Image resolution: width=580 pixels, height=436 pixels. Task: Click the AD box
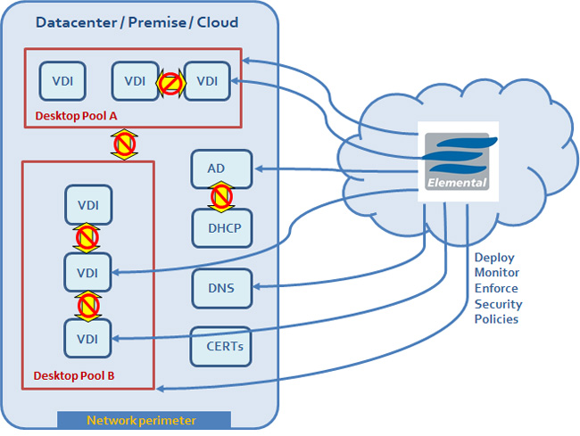point(216,169)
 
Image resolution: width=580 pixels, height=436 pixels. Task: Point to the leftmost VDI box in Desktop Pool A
point(62,81)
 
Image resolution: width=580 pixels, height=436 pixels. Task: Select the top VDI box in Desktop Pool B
point(87,205)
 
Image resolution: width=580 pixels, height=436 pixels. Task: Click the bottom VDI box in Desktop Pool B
point(87,338)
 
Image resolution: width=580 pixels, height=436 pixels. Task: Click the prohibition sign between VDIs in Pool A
point(170,82)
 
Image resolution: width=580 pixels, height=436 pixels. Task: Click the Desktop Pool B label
point(74,375)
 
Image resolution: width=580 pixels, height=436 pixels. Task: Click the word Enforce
point(495,289)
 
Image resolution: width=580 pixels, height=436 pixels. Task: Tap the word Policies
point(496,319)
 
